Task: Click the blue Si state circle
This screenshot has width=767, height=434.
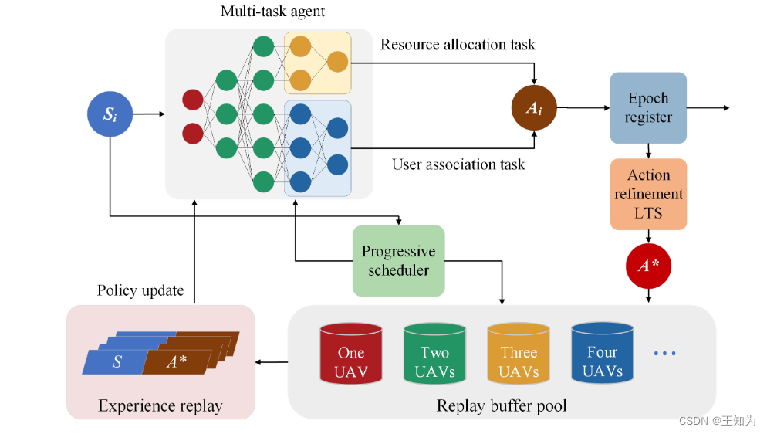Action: coord(110,115)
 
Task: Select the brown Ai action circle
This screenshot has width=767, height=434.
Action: coord(534,107)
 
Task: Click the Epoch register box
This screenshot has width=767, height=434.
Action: coord(648,108)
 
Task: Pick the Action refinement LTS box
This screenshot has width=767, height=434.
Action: coord(648,195)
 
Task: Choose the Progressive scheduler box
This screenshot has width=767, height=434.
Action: coord(399,261)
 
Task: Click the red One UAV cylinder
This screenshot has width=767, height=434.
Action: coord(351,354)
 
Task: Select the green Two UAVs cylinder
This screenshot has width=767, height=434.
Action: coord(434,354)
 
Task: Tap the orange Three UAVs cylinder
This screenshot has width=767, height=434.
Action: coord(518,354)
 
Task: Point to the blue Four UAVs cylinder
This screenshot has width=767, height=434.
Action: coord(602,354)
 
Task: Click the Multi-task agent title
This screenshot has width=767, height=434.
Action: coord(272,12)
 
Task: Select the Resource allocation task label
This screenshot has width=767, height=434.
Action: coord(458,45)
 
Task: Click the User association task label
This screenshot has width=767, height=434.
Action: coord(458,164)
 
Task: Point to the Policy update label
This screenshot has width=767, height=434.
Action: coord(140,290)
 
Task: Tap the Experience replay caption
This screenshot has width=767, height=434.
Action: coord(160,405)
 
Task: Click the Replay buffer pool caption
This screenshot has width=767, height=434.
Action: coord(502,405)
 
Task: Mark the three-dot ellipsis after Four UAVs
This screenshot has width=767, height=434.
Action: coord(664,354)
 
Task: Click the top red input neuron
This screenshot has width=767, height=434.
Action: coord(192,100)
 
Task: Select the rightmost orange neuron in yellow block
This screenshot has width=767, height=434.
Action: coord(337,63)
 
